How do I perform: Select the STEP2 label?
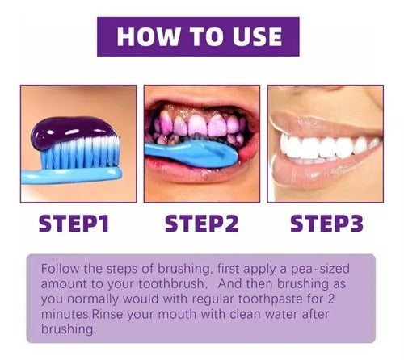point(202,224)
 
